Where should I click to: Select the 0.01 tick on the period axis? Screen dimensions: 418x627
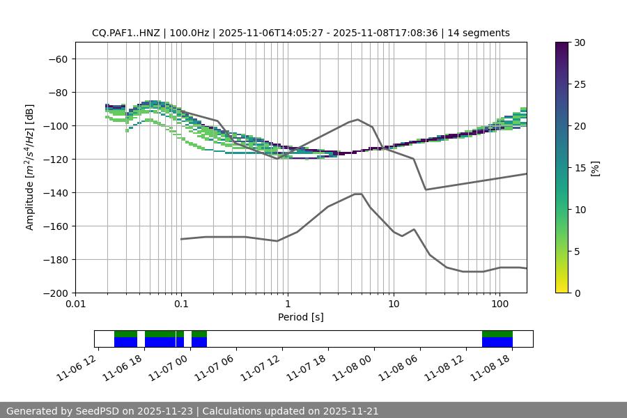tap(75, 304)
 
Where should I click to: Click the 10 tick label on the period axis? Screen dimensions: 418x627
tap(394, 304)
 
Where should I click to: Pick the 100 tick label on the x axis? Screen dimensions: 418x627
tap(500, 304)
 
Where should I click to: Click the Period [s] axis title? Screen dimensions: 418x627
tap(301, 317)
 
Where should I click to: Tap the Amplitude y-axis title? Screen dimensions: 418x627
tap(30, 167)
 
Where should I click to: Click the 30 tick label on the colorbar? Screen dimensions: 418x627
tap(580, 42)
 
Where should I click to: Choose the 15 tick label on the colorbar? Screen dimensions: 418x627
tap(580, 168)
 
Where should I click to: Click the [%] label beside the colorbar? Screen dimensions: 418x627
tap(594, 168)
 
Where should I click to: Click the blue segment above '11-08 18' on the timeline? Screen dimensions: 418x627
tap(497, 342)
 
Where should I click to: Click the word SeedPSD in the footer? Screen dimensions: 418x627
tap(96, 411)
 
